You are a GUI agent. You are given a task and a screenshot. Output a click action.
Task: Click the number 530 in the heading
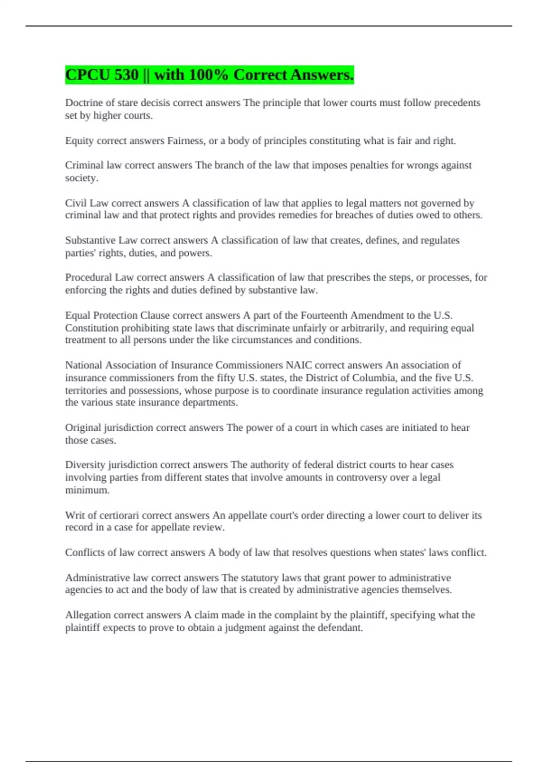tap(126, 75)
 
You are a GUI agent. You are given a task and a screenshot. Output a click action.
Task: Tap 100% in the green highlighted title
tap(208, 75)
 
